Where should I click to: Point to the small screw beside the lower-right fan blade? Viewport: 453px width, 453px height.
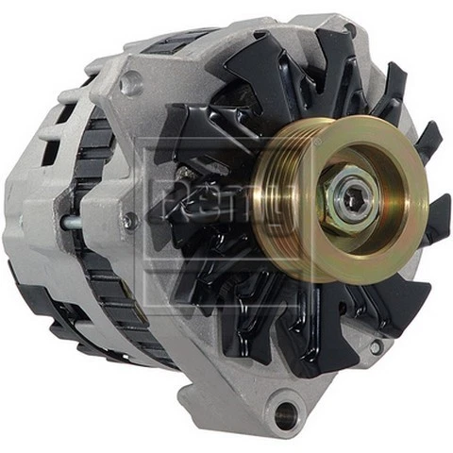(x=377, y=346)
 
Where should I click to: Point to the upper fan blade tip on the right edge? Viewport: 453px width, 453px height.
(x=430, y=142)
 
